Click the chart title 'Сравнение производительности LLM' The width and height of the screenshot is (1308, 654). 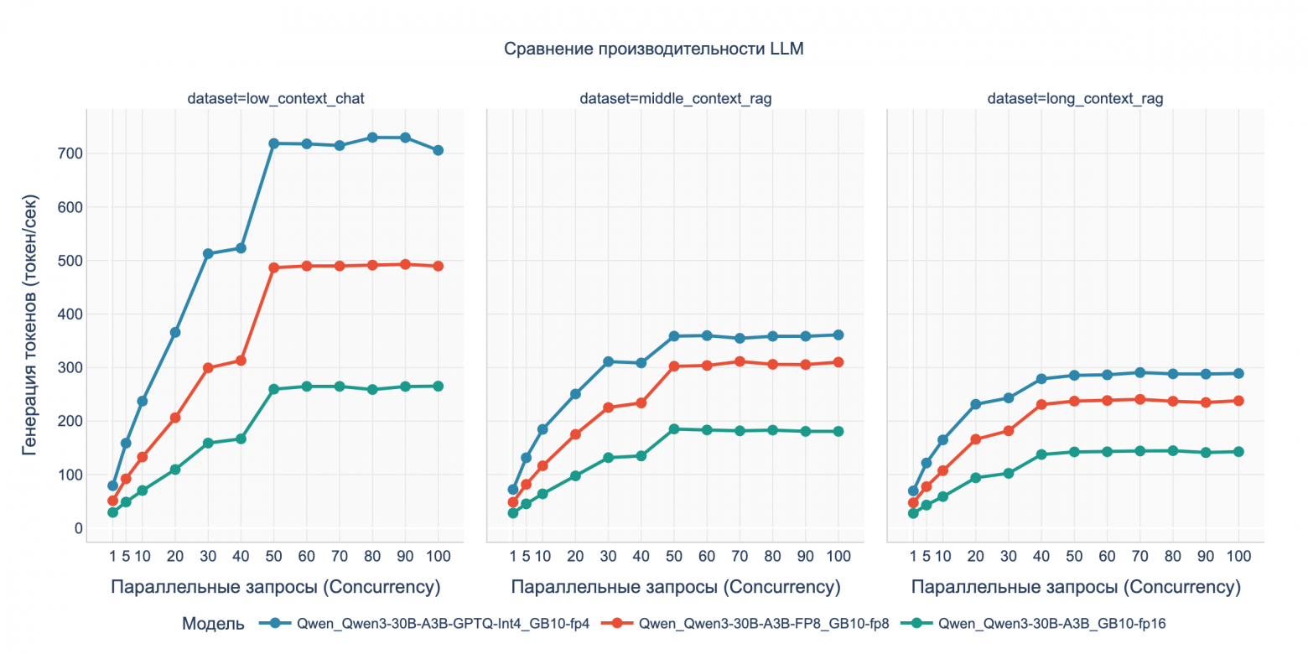653,49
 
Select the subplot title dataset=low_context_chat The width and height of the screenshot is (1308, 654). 275,99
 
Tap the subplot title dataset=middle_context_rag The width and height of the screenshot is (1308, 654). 675,99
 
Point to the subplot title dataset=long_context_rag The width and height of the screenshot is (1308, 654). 1075,99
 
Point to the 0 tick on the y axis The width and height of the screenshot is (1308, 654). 78,528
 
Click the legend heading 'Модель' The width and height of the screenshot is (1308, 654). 213,623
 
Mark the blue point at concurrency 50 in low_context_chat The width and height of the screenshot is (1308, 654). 273,143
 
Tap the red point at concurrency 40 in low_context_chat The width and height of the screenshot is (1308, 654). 241,361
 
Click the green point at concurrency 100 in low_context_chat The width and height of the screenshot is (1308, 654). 438,386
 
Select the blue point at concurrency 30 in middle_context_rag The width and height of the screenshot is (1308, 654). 608,361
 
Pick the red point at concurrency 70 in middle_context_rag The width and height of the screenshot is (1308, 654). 740,361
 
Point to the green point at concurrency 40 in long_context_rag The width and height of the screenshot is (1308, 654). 1041,454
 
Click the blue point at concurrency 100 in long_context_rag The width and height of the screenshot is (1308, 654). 1238,373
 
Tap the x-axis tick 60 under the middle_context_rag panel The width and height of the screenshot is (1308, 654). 706,556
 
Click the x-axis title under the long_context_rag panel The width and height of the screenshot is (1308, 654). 1075,587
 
